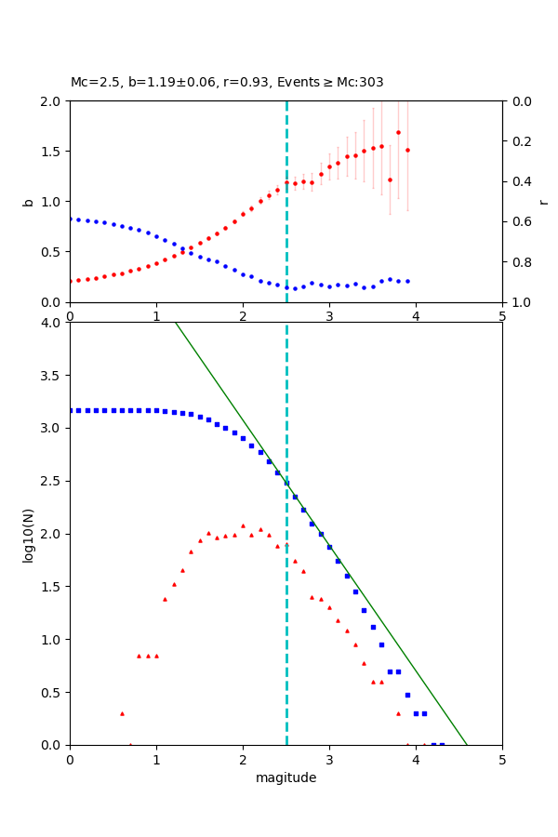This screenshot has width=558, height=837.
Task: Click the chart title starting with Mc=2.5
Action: click(x=227, y=83)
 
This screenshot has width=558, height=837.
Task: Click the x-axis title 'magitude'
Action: click(x=286, y=777)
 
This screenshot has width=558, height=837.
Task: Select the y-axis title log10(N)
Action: click(x=28, y=534)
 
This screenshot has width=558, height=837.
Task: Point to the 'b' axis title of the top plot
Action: click(x=28, y=202)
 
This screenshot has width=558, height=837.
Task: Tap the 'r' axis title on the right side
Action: click(x=543, y=202)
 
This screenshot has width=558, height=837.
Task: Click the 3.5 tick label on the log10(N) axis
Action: click(x=50, y=376)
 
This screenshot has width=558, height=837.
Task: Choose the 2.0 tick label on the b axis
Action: click(x=50, y=101)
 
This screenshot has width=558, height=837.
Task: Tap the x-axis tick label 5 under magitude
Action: click(x=502, y=760)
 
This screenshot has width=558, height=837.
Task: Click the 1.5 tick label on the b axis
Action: click(x=50, y=152)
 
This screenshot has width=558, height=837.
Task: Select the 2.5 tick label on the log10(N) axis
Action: click(x=50, y=481)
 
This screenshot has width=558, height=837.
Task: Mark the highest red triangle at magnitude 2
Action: click(x=243, y=525)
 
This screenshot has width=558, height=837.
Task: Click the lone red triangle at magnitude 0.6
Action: click(x=122, y=713)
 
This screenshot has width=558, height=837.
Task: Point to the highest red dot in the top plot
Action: click(x=398, y=132)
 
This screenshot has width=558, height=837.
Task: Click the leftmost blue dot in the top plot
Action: click(x=70, y=219)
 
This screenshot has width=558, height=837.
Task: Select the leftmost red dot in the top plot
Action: click(x=70, y=281)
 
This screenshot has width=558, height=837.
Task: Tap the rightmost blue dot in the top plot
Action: click(x=407, y=281)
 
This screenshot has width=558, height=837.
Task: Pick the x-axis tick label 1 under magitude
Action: click(x=156, y=760)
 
